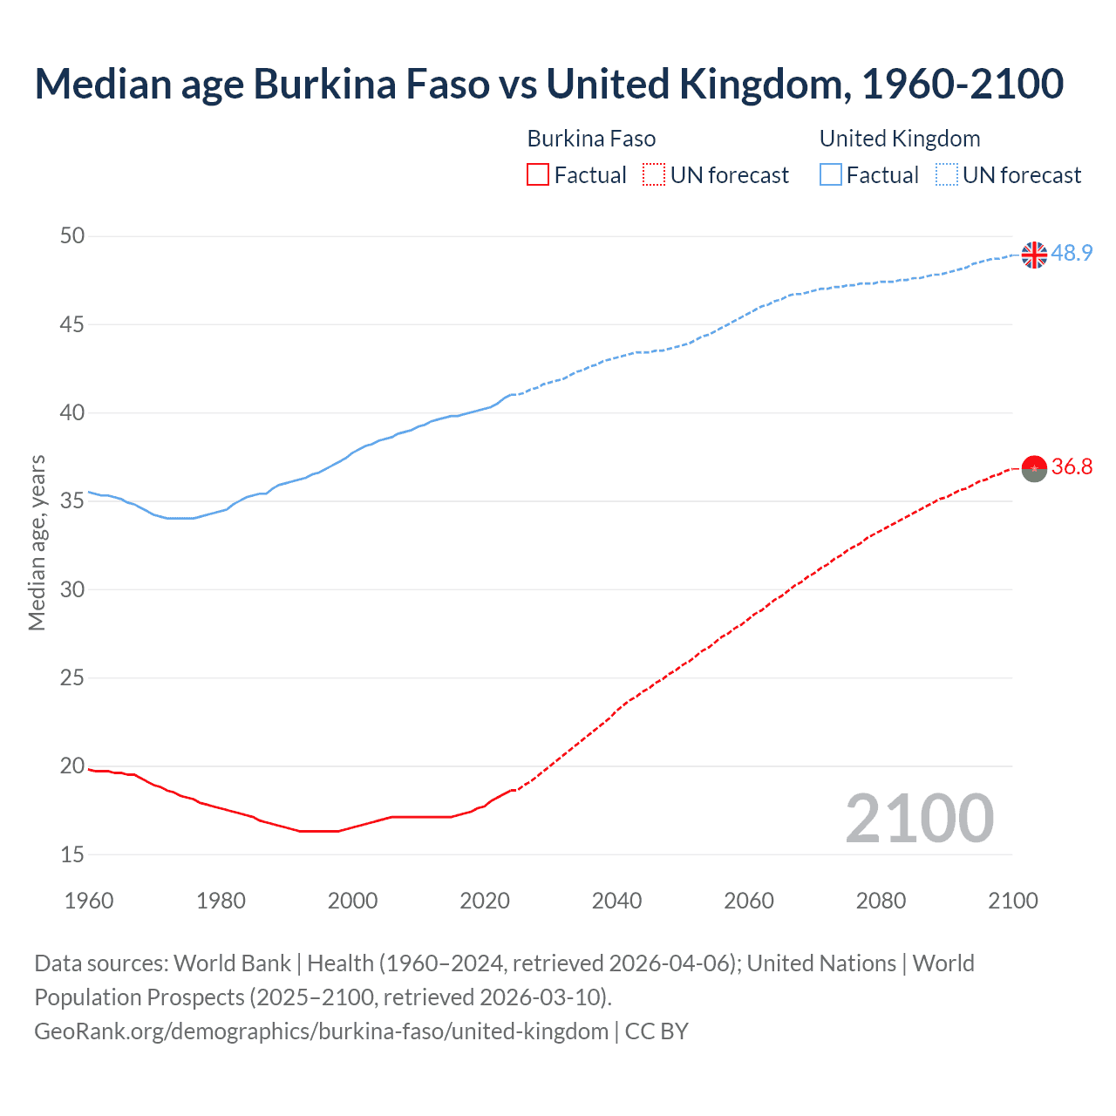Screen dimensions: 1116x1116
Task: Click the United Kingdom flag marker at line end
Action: point(1034,255)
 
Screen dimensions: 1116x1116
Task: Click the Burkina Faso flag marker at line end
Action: point(1034,468)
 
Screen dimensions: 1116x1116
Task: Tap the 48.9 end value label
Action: point(1072,253)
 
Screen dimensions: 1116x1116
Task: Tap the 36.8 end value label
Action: point(1072,467)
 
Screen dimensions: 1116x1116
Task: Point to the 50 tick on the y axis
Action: point(73,236)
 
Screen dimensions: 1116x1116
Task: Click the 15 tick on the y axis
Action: point(73,855)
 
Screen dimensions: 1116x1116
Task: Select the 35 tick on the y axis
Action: point(73,501)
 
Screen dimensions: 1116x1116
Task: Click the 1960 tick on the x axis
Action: point(89,901)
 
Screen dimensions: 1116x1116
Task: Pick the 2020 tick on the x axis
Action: point(485,901)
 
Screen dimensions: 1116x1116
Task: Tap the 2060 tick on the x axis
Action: point(749,901)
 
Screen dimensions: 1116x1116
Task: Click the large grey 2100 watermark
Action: point(919,819)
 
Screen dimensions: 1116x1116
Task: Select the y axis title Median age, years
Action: point(37,542)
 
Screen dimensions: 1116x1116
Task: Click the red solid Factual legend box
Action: point(538,175)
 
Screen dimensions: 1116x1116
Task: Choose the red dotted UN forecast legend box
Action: point(654,175)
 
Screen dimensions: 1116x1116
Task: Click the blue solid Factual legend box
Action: point(830,175)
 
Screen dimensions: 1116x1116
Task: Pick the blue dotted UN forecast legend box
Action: point(946,175)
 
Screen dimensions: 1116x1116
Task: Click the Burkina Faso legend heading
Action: point(591,139)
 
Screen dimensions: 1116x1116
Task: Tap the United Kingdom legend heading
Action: point(900,139)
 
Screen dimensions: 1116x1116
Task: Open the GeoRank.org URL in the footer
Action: point(321,1031)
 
